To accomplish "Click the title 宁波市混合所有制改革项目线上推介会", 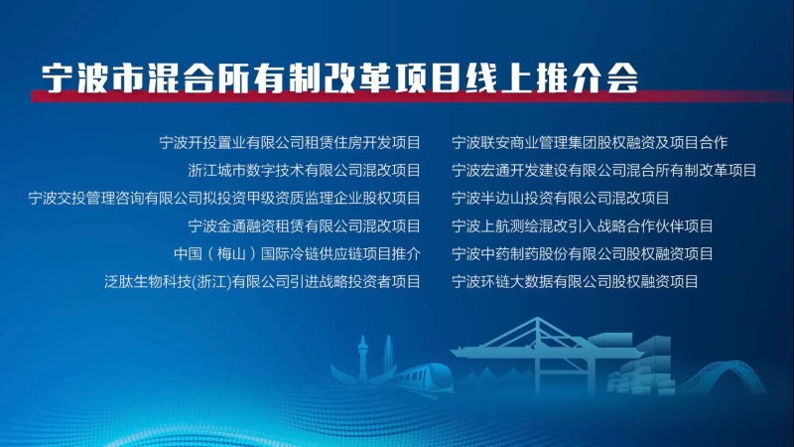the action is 339,78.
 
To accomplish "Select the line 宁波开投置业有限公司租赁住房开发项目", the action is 290,143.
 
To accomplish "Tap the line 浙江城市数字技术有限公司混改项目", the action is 304,170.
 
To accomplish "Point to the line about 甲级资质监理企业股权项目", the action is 224,198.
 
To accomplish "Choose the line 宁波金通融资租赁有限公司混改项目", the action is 304,226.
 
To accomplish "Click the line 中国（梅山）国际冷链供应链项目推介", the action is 297,253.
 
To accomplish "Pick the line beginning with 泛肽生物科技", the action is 262,281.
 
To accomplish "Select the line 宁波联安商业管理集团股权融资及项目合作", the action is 590,143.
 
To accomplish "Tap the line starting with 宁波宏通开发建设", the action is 603,170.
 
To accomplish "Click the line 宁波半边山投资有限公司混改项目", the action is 560,198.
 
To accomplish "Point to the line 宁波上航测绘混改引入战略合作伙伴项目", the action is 582,226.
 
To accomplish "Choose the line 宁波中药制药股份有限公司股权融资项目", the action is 582,253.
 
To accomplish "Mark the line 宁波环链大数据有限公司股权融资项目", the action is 575,281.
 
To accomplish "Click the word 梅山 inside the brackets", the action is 231,253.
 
